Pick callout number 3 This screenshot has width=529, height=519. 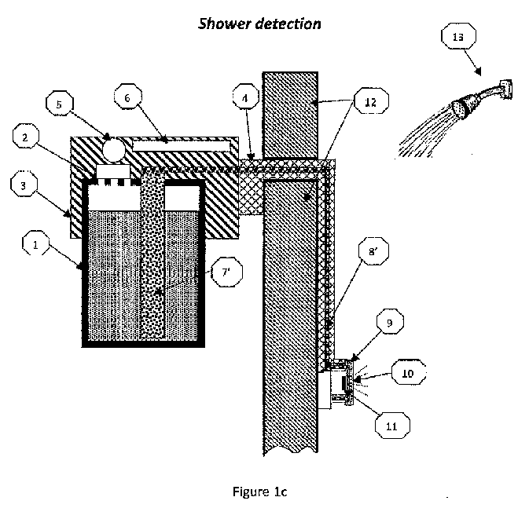pos(25,186)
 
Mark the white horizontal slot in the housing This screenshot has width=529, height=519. pos(182,146)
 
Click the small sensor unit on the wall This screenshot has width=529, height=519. pos(343,382)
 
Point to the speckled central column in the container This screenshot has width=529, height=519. pos(152,267)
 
